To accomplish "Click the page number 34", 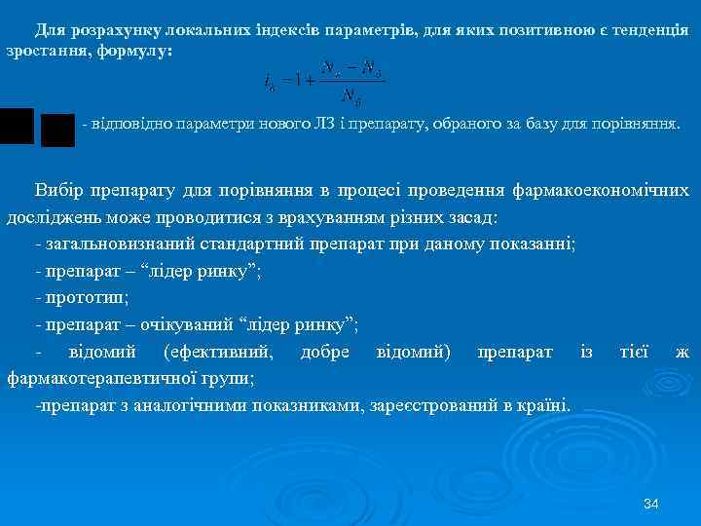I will point(651,504).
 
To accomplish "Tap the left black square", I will point(17,126).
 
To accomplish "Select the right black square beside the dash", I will point(58,131).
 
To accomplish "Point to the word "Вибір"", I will point(57,190).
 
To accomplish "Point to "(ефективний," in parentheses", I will point(220,351).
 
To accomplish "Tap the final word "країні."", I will point(546,403).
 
